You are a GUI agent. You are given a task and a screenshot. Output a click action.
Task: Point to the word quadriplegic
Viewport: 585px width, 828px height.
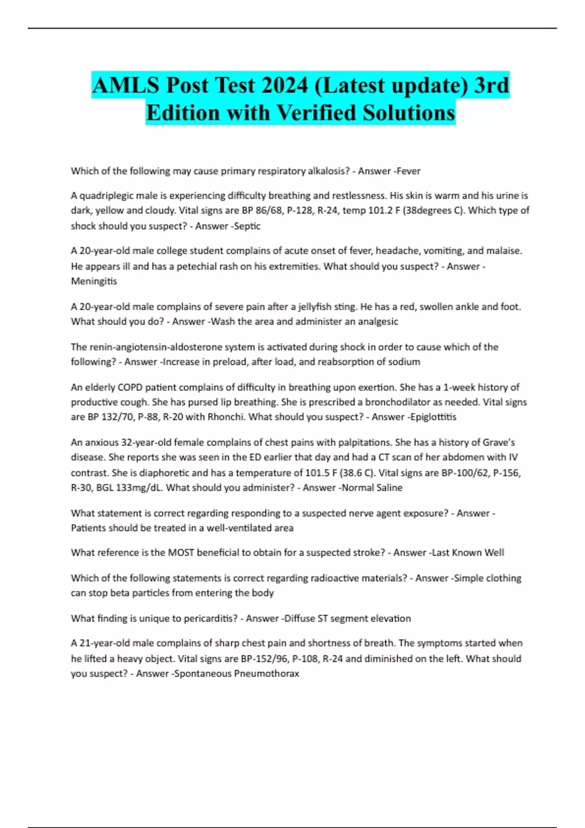[106, 196]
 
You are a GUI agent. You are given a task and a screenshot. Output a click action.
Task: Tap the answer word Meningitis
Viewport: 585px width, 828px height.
[94, 281]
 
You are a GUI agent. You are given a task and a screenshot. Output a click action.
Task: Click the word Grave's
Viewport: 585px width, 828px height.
[499, 443]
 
